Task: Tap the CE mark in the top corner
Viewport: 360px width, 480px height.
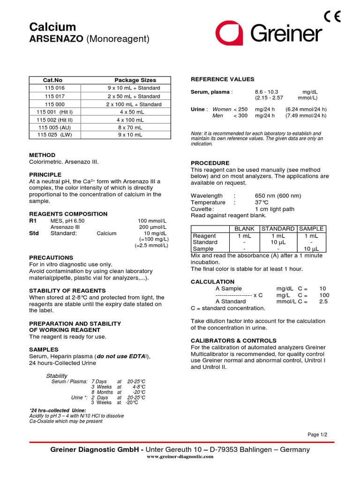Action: pyautogui.click(x=332, y=16)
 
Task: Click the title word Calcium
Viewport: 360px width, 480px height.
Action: pyautogui.click(x=52, y=27)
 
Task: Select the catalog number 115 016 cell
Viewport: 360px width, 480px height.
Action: pyautogui.click(x=55, y=88)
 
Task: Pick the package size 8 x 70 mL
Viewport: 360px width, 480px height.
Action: pyautogui.click(x=126, y=127)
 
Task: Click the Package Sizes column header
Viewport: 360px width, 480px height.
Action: pyautogui.click(x=135, y=80)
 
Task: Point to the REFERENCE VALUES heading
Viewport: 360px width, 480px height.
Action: pyautogui.click(x=222, y=79)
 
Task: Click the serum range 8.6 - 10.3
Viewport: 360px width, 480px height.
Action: pyautogui.click(x=266, y=92)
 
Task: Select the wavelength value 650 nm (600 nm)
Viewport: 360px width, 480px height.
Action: pyautogui.click(x=277, y=195)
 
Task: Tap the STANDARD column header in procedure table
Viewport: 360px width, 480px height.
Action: pyautogui.click(x=278, y=229)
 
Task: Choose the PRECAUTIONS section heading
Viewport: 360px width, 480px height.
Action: pyautogui.click(x=51, y=258)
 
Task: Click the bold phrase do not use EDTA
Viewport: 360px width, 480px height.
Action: pyautogui.click(x=121, y=356)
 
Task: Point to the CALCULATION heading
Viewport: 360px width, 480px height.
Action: pyautogui.click(x=212, y=282)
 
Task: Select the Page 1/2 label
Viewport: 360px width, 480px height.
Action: pyautogui.click(x=317, y=435)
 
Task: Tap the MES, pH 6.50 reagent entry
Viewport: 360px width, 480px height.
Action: pyautogui.click(x=67, y=220)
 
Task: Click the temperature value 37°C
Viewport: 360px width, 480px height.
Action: pyautogui.click(x=262, y=202)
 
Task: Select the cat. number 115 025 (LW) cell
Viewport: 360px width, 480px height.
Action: pyautogui.click(x=55, y=135)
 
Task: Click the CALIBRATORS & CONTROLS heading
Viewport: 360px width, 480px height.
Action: pyautogui.click(x=233, y=340)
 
